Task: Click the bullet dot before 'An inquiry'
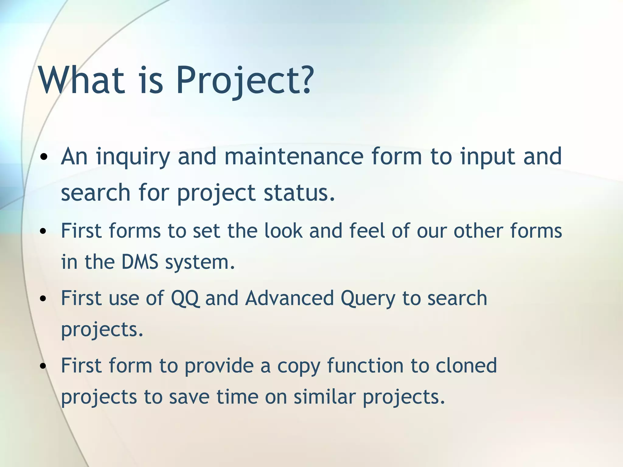point(44,157)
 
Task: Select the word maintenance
point(294,157)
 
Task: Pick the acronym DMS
point(140,262)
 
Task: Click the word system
point(200,262)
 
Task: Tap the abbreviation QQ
point(185,298)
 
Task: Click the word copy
point(299,366)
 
